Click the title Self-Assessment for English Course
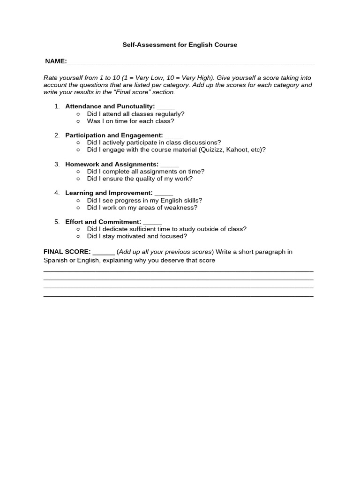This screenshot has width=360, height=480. [180, 45]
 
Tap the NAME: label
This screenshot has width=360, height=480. [56, 61]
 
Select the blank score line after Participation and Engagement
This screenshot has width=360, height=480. [174, 135]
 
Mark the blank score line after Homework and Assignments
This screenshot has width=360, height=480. [170, 164]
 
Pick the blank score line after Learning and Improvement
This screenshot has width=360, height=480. [164, 193]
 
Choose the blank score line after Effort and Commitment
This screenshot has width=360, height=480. [152, 222]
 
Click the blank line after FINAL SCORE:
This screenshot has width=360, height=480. [104, 252]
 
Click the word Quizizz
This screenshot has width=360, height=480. [211, 150]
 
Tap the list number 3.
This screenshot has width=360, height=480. [57, 164]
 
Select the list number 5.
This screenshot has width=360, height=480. [57, 222]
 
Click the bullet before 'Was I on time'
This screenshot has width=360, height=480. [78, 121]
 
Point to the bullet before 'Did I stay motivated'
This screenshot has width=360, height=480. [78, 236]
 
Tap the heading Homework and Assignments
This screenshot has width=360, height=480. [112, 164]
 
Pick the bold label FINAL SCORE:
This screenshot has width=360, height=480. [67, 252]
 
